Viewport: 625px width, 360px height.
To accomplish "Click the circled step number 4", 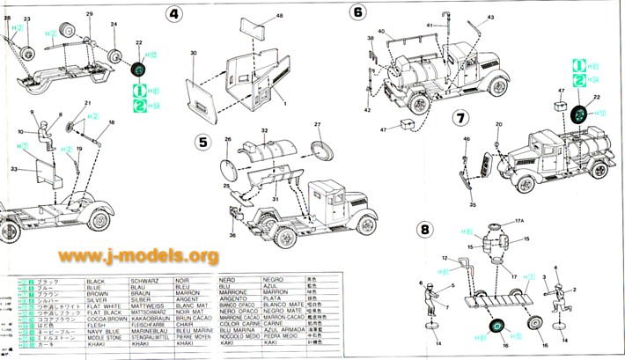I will [174, 14].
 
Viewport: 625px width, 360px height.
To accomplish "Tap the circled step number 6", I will [357, 12].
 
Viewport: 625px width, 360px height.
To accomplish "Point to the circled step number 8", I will [424, 230].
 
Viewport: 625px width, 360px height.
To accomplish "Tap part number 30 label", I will [191, 54].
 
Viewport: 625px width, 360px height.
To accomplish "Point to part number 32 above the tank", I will [263, 130].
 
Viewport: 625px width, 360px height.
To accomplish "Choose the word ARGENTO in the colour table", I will [233, 299].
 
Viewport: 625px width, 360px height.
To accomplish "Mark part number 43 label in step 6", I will [490, 17].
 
